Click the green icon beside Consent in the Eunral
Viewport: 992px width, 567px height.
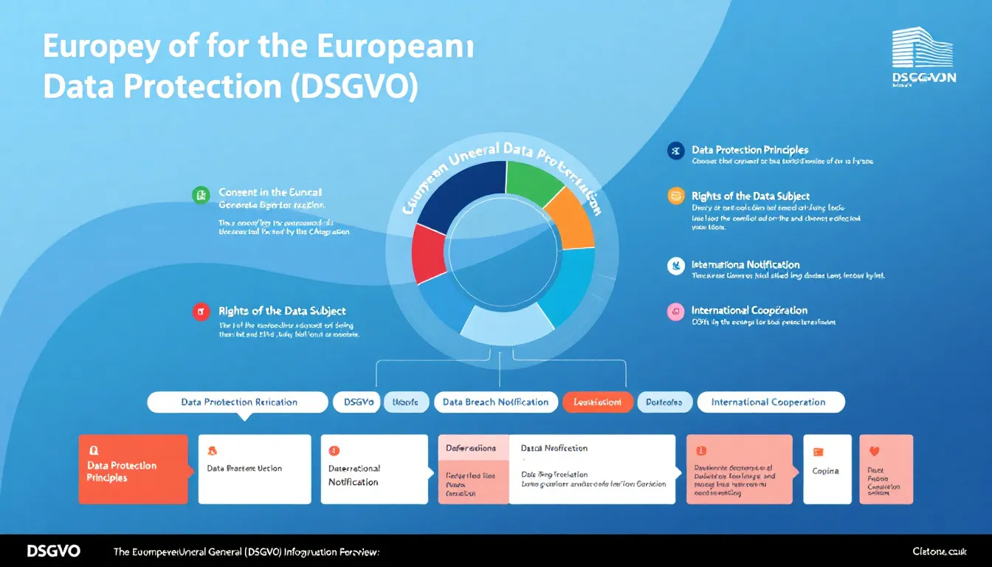201,194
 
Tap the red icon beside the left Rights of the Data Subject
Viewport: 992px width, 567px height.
201,312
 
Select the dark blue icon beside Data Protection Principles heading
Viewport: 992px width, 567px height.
675,151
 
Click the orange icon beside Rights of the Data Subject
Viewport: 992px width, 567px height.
675,196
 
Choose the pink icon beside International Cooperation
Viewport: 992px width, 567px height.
675,311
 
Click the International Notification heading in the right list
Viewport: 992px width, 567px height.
745,264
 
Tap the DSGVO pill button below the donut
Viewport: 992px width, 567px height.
357,402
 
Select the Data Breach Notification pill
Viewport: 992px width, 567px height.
495,402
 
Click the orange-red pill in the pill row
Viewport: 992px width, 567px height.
598,402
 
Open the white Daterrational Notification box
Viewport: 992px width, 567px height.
374,470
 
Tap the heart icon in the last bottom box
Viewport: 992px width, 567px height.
875,451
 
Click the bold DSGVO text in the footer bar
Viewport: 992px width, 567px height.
53,551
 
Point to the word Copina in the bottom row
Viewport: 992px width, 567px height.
825,471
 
